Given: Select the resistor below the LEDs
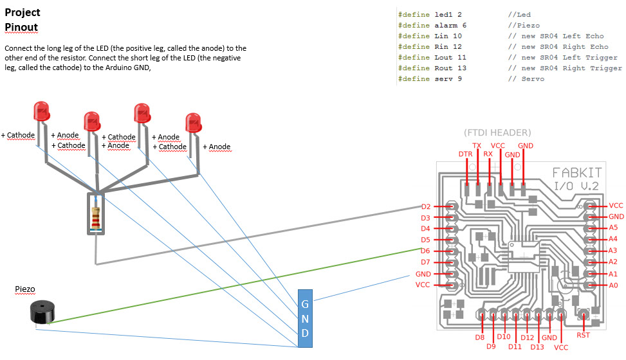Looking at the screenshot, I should click(97, 214).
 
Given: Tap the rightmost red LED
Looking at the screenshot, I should click(192, 123).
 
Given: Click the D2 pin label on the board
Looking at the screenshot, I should click(426, 207).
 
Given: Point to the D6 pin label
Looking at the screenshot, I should click(426, 251).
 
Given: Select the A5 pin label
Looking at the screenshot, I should click(613, 228).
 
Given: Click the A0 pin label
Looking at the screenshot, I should click(613, 285).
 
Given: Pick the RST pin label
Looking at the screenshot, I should click(584, 335).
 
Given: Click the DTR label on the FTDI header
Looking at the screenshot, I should click(465, 154).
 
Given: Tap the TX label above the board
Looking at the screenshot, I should click(477, 146).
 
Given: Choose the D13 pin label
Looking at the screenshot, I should click(537, 347).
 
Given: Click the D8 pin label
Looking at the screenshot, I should click(480, 337).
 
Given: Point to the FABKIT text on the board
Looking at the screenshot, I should click(576, 173).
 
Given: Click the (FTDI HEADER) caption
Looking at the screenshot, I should click(497, 132).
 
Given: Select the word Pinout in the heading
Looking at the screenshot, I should click(21, 28).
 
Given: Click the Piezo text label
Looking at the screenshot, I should click(24, 290).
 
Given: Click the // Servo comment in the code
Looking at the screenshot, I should click(526, 79).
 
